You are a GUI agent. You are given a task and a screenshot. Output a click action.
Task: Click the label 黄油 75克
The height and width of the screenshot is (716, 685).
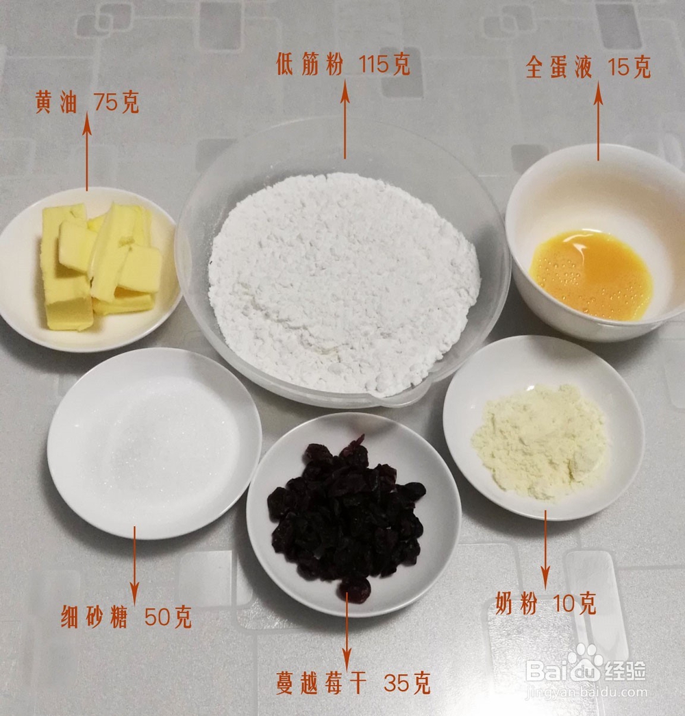coord(87,103)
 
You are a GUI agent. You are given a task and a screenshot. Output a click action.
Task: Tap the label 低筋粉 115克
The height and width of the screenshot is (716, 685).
coord(342,65)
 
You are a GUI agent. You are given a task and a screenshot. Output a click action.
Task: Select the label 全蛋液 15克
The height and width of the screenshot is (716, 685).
coord(588,68)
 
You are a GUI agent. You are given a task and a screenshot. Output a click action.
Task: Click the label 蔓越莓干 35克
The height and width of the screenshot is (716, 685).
coord(353,682)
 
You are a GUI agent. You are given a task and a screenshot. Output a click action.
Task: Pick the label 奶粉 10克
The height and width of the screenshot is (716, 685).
coord(545,604)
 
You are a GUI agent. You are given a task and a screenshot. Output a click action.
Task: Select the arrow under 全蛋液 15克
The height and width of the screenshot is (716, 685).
coord(598,123)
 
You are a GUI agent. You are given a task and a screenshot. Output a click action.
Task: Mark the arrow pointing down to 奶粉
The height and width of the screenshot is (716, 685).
coord(546,548)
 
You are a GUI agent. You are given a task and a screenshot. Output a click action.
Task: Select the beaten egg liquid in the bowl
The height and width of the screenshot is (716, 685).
coord(590,274)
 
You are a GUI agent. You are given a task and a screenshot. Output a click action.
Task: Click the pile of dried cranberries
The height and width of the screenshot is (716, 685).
coord(346,514)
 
